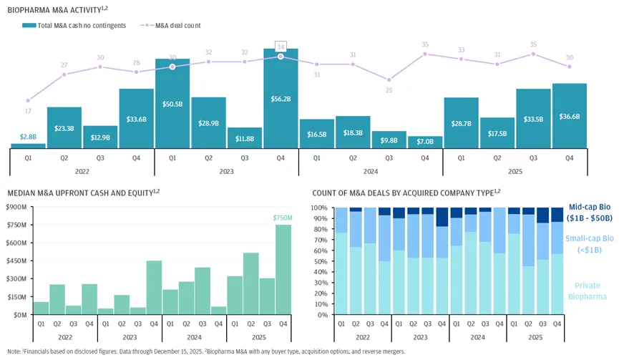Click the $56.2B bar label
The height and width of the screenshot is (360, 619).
coord(281,99)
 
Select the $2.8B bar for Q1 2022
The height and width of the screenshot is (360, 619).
coord(28,145)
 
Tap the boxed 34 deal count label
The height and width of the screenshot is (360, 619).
coord(281,46)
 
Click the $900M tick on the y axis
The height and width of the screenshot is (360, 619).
coord(16,208)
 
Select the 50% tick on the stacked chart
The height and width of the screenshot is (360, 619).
coord(319,261)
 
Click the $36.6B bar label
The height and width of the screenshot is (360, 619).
coord(569,116)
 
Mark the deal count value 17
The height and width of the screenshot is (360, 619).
coord(28,111)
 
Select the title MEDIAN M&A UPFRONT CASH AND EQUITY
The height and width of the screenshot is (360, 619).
coord(79,193)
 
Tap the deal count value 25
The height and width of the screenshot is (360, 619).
coord(389,90)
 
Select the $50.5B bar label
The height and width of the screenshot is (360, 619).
coord(172,103)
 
